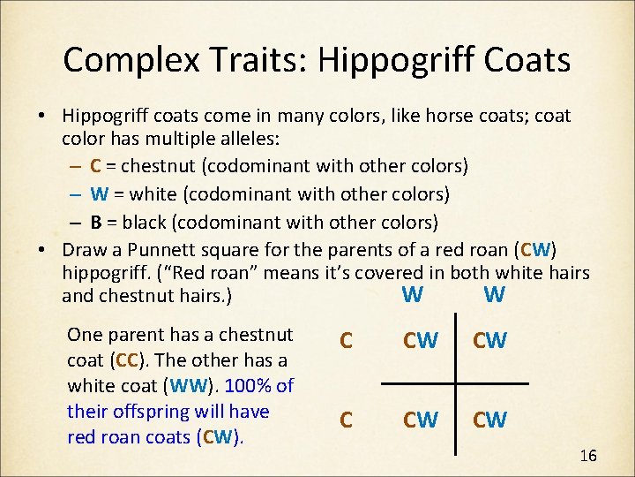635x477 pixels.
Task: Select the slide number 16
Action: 588,456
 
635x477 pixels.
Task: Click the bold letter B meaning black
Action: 95,221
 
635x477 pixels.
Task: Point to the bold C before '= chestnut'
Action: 95,166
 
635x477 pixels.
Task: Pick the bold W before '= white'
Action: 98,193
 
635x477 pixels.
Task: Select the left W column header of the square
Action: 411,294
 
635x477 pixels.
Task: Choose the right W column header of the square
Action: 494,294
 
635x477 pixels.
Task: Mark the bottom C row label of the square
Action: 347,420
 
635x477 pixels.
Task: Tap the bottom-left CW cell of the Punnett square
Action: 420,420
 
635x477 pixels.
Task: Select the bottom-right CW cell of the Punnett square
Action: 489,420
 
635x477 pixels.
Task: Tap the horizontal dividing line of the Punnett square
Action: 454,383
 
